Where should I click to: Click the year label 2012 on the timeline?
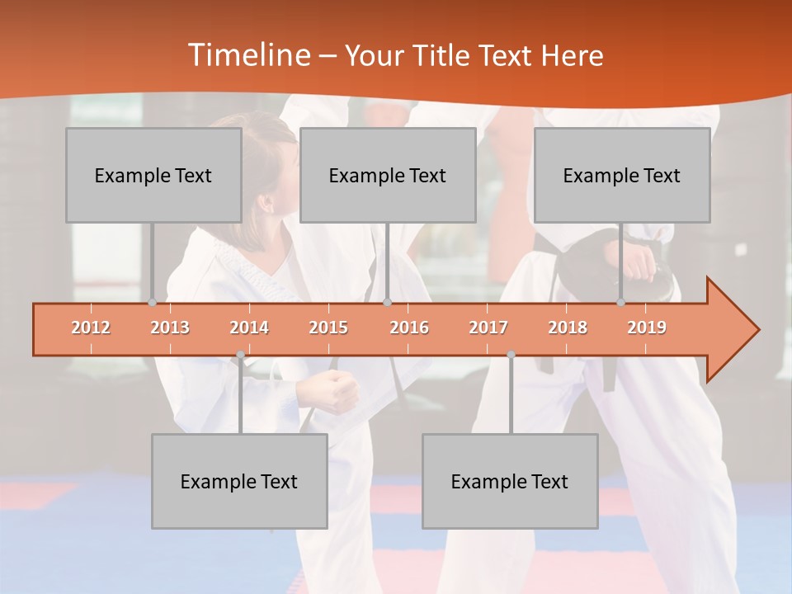click(x=91, y=328)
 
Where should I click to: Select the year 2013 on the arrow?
click(x=170, y=328)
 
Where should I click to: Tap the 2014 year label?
click(x=249, y=328)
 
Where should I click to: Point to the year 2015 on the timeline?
click(x=328, y=328)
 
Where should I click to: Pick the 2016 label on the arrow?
click(x=409, y=328)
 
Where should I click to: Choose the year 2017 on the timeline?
click(x=488, y=328)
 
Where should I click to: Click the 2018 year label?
click(x=568, y=328)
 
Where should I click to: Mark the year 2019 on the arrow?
click(x=647, y=328)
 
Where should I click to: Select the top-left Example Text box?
click(x=153, y=175)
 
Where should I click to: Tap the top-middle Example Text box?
click(x=388, y=175)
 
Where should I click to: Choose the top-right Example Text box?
click(x=622, y=175)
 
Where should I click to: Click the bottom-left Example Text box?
click(x=239, y=481)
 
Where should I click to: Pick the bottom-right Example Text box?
click(x=510, y=481)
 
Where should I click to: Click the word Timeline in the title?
click(x=248, y=55)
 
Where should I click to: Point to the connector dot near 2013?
click(x=152, y=303)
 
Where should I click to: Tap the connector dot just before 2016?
click(x=387, y=303)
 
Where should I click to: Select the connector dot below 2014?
click(x=240, y=355)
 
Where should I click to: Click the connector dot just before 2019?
click(x=620, y=303)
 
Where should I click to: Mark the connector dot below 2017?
click(x=511, y=355)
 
